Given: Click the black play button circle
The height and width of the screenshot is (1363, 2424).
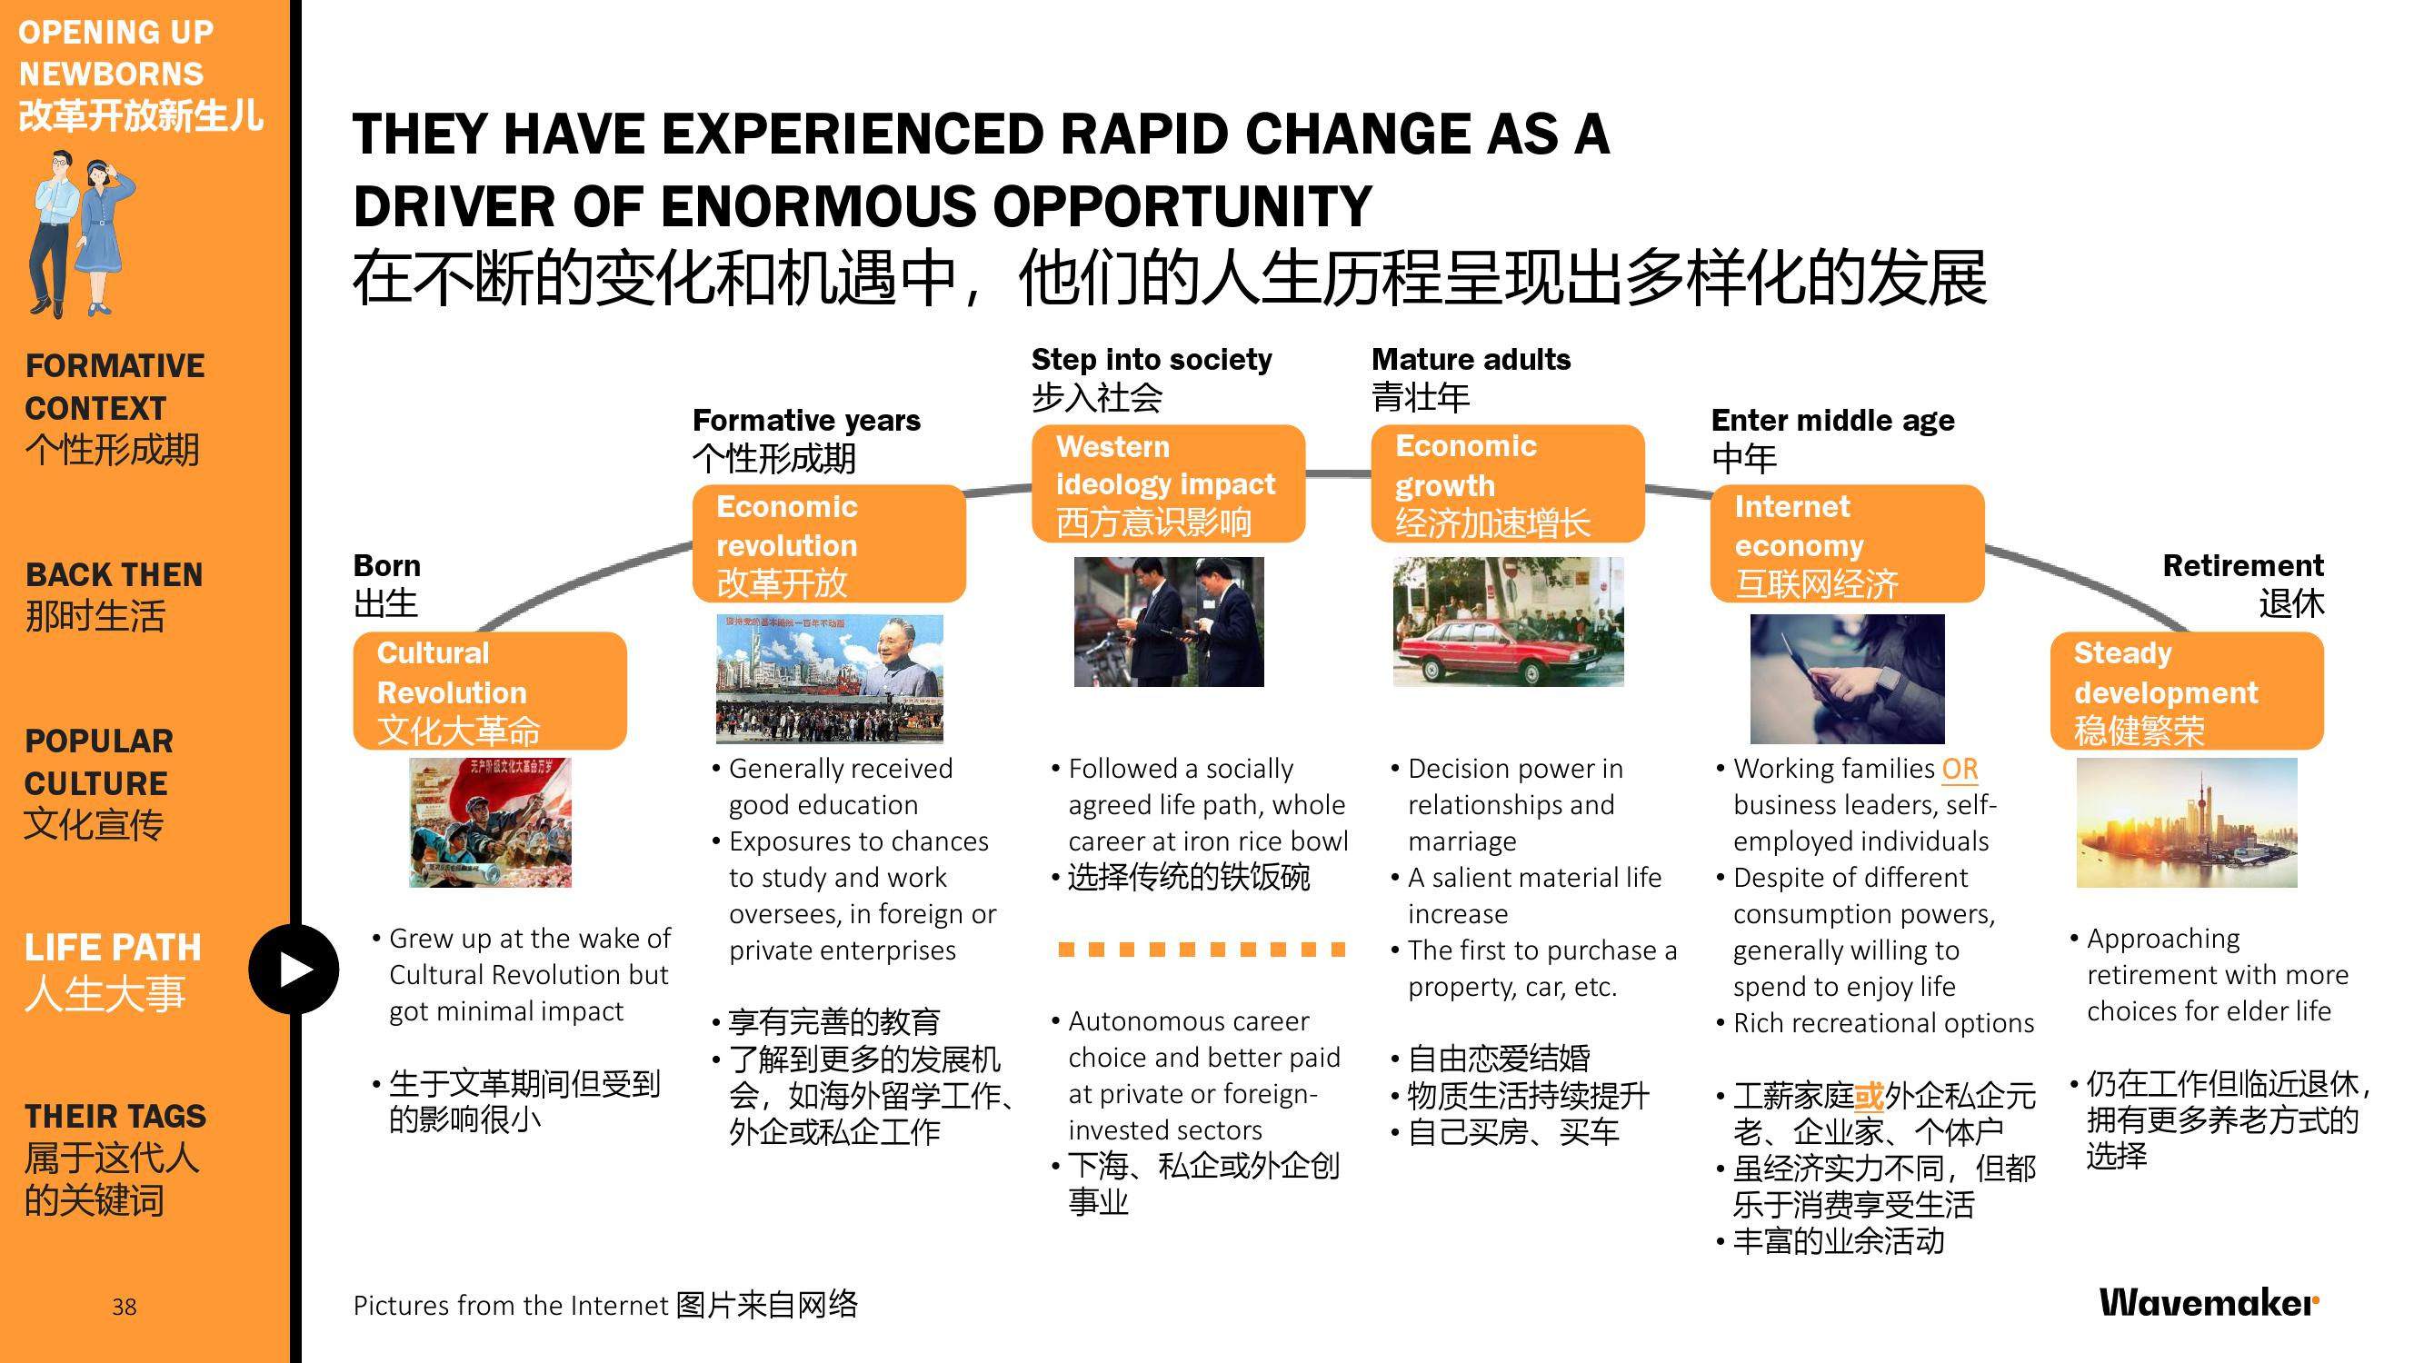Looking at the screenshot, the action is (294, 969).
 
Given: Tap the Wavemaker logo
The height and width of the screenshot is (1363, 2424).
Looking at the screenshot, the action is (2209, 1303).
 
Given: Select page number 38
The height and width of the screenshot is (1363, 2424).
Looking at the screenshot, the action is (125, 1307).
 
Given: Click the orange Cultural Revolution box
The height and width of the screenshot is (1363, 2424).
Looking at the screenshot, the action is (489, 691).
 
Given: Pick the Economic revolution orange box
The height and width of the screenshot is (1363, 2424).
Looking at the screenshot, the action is (829, 543).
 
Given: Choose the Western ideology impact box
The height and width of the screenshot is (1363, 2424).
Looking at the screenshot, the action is (1168, 483).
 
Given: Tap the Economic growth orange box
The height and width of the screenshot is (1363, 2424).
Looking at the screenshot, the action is (1508, 483).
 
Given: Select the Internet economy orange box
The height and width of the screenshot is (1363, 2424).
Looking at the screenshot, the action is (1847, 543).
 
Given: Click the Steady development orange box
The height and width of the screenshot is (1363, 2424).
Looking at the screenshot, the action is (2187, 691).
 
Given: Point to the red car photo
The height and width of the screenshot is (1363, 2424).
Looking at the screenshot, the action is (1509, 622).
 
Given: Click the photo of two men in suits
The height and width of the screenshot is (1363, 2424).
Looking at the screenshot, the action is (1169, 622).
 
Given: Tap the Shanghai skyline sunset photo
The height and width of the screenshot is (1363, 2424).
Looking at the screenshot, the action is (2187, 823).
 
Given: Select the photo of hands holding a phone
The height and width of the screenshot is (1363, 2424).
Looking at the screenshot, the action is (1847, 679).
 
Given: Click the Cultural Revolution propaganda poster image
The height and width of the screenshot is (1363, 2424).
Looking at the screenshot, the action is (490, 823).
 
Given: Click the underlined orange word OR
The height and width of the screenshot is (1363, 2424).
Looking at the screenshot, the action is (1960, 770).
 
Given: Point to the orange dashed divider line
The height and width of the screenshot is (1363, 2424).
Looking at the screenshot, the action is (1202, 950).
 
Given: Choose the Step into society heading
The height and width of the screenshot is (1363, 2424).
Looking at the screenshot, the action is (1151, 359).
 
